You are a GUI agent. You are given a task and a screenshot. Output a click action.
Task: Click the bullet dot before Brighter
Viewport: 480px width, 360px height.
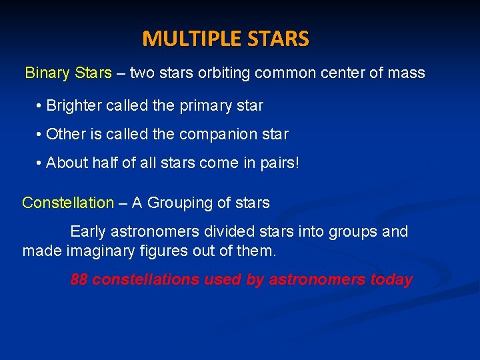point(40,106)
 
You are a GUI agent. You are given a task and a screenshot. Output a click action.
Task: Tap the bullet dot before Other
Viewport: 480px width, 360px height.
point(40,134)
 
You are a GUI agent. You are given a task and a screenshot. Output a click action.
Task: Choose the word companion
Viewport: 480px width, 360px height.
point(221,134)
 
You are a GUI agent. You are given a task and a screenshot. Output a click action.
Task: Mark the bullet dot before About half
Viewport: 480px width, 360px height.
point(40,163)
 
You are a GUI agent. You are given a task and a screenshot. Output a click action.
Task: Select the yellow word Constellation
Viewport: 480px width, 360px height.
point(68,203)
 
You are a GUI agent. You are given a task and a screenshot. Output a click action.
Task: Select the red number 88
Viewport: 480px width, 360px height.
point(79,280)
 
